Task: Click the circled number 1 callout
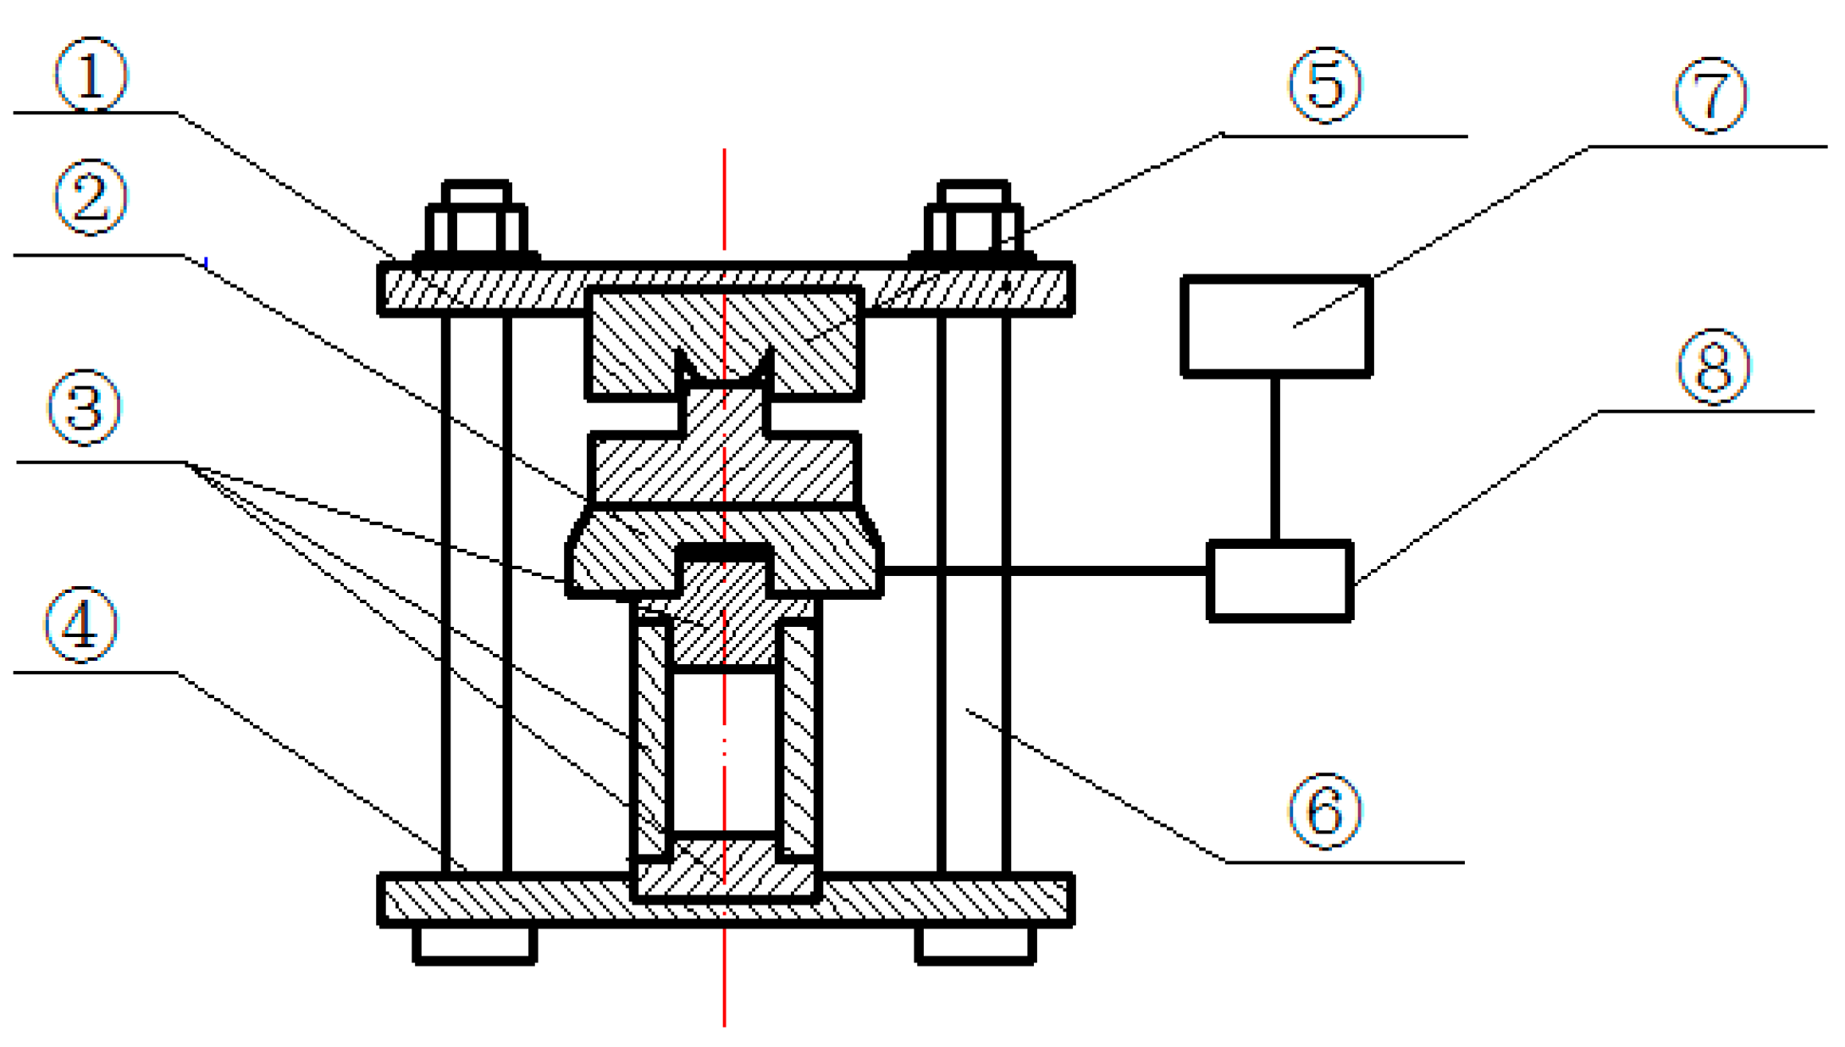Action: [91, 75]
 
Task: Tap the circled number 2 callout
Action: [91, 197]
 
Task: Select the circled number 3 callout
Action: [86, 407]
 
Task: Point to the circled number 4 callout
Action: [81, 625]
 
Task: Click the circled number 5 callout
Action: [1325, 85]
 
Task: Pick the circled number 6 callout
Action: [1325, 811]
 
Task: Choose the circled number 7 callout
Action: [1711, 96]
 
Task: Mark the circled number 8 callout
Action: [1714, 367]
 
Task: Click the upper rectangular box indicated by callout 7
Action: [1276, 325]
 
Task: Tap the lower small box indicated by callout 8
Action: [1279, 581]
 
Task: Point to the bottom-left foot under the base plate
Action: [475, 944]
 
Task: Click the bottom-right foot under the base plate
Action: [975, 944]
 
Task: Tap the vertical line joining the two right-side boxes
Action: [1274, 457]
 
